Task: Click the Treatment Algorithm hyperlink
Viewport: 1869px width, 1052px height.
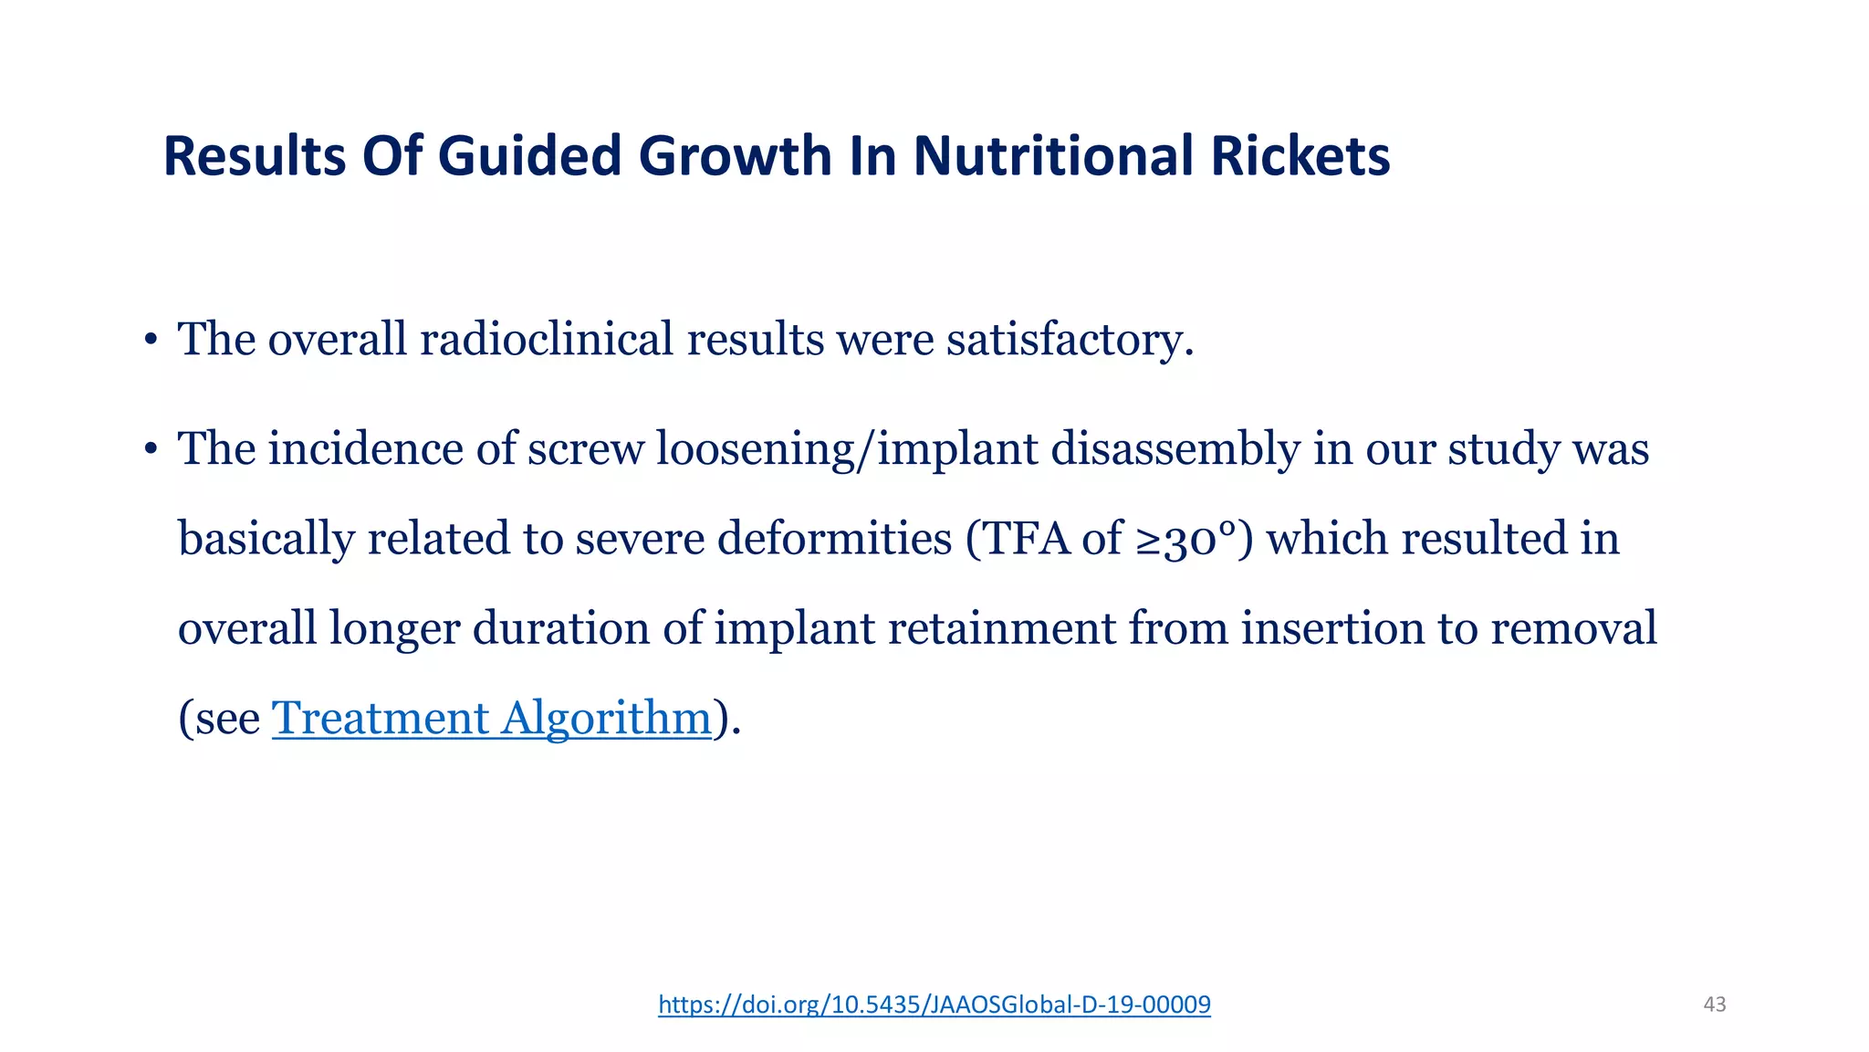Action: [491, 718]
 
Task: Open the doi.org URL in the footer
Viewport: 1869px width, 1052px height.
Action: [934, 1005]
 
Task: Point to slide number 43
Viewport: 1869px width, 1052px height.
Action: [1714, 1005]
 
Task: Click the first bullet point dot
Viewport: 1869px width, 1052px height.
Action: [151, 342]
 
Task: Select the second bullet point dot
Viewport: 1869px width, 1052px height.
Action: [151, 450]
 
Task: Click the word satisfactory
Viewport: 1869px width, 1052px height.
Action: [1070, 340]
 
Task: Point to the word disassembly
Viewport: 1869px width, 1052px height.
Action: [1175, 449]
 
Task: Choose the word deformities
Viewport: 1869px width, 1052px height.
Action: [834, 538]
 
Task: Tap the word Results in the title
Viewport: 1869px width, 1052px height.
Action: [255, 156]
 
